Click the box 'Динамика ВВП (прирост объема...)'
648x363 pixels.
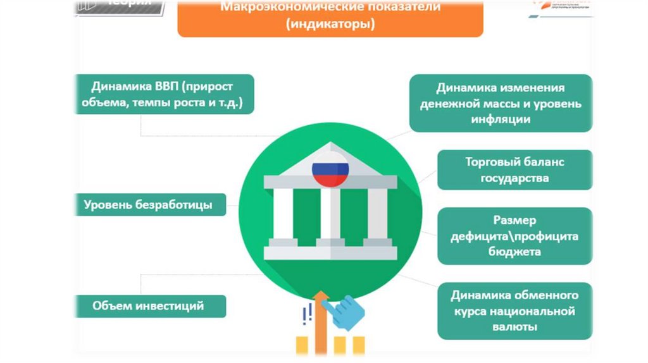point(164,94)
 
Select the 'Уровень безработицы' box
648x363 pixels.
point(148,205)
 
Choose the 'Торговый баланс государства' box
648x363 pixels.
point(514,169)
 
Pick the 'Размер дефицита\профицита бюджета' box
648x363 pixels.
point(514,236)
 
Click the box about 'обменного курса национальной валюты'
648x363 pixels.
point(514,311)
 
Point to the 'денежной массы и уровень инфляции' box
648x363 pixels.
point(501,103)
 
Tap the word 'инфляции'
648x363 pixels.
point(501,119)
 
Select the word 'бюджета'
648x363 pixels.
point(514,252)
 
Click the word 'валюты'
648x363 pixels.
point(514,327)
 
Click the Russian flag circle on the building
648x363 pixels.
point(330,169)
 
